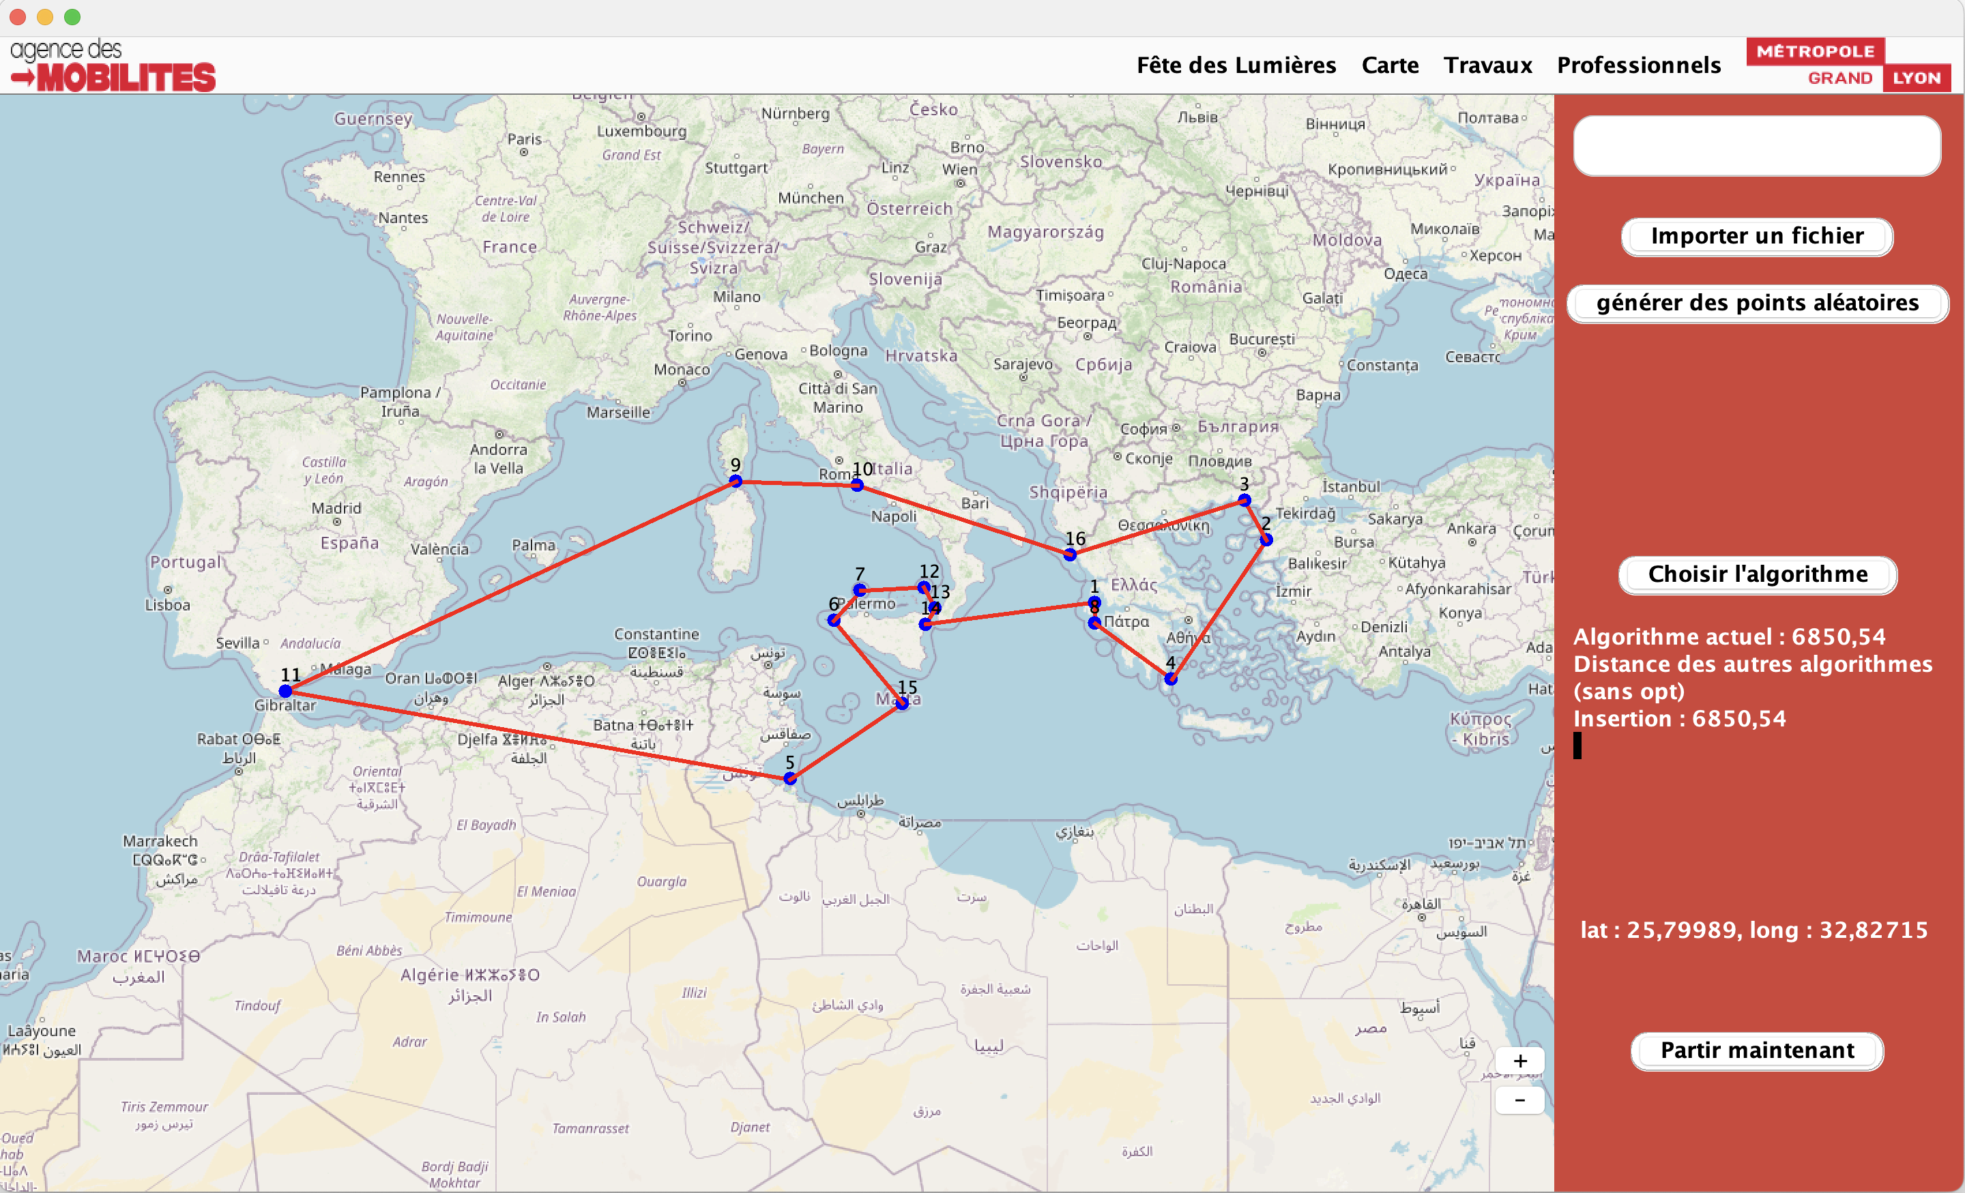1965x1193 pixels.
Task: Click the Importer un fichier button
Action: [1757, 237]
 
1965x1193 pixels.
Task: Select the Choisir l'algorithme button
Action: [1757, 575]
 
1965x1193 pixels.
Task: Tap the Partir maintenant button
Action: [1757, 1051]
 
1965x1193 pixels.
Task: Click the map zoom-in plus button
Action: [1519, 1061]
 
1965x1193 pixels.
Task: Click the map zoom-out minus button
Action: [1519, 1100]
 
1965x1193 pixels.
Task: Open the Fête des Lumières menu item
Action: [1236, 65]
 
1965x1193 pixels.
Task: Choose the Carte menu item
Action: [1389, 65]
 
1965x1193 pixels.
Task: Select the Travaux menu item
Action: [1487, 65]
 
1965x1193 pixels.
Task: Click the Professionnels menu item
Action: [1638, 65]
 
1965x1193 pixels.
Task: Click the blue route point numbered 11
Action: [285, 690]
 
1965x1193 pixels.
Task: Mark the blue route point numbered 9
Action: [736, 481]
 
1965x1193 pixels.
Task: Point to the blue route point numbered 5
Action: [789, 778]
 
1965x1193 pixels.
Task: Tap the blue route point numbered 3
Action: [1244, 500]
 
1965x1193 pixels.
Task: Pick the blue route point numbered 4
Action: [1170, 679]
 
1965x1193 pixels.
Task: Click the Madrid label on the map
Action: [336, 508]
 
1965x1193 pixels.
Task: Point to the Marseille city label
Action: [618, 412]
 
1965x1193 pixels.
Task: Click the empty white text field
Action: [1756, 146]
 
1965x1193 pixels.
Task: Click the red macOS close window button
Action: [18, 17]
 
